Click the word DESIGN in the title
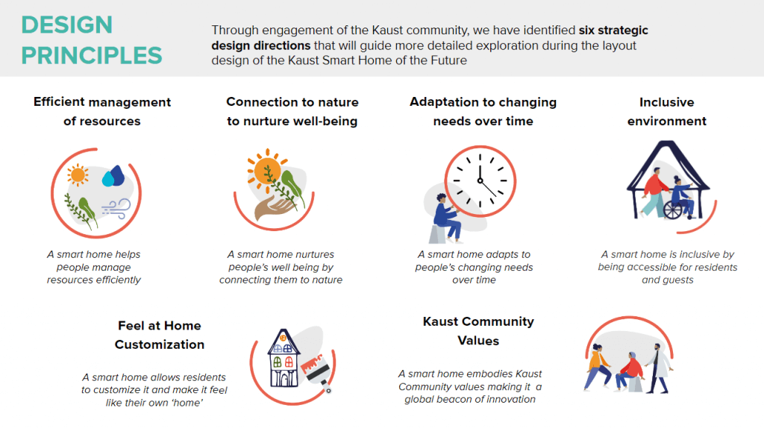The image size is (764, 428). click(66, 25)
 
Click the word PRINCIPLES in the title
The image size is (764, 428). click(92, 55)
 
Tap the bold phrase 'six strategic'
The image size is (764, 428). click(613, 30)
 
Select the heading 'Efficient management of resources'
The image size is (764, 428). click(101, 112)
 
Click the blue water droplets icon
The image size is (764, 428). click(113, 176)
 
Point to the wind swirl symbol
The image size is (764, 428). click(116, 208)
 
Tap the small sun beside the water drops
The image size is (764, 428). click(78, 175)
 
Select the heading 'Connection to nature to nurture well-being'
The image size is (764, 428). click(292, 112)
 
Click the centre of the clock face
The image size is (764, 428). click(480, 180)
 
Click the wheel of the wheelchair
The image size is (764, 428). click(673, 210)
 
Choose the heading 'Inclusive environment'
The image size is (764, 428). click(666, 112)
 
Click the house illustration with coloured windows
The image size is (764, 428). click(283, 359)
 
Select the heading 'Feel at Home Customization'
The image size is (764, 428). click(160, 335)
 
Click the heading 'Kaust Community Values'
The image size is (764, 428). click(478, 331)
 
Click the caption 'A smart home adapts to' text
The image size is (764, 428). click(474, 254)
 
